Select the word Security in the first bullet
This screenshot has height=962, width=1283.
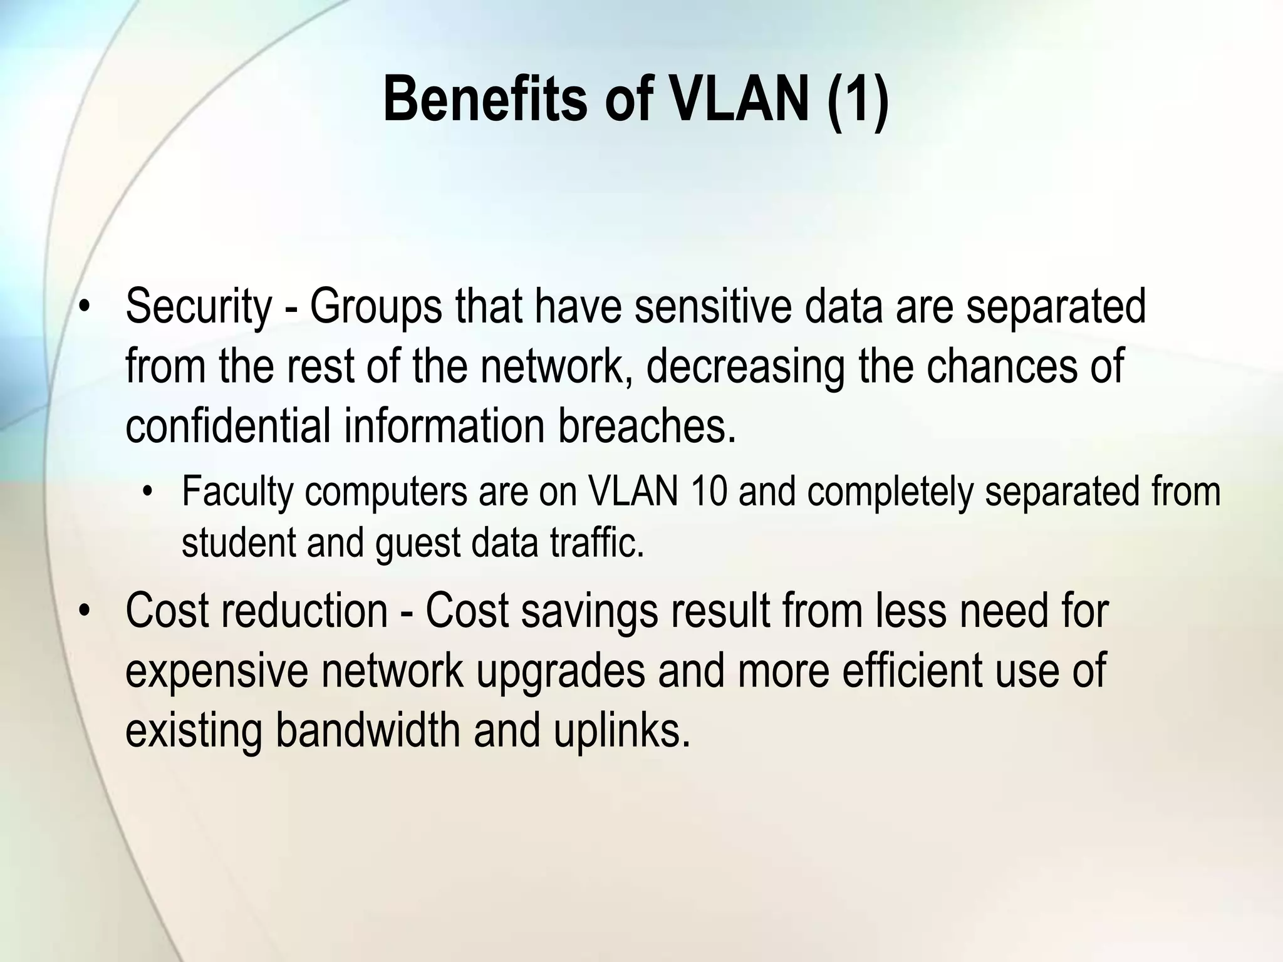tap(199, 307)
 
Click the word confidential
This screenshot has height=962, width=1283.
tap(227, 426)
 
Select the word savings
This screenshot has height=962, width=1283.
tap(589, 612)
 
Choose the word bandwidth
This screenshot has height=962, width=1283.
tap(367, 730)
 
